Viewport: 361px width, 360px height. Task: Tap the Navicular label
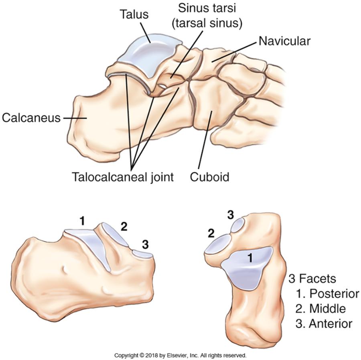(x=284, y=41)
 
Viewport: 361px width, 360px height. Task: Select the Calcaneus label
(x=31, y=118)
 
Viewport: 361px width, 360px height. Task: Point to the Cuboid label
(x=209, y=177)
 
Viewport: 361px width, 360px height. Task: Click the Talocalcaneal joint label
(x=123, y=177)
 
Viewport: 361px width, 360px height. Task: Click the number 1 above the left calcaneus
(x=82, y=220)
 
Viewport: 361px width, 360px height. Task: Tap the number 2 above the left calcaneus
(x=124, y=226)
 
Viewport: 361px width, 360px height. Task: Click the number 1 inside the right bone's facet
(x=250, y=259)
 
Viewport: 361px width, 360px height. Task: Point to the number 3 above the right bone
(x=230, y=215)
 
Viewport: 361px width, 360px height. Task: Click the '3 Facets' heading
(x=312, y=279)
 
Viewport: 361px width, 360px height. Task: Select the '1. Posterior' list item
(x=327, y=294)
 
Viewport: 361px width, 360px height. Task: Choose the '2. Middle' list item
(x=320, y=309)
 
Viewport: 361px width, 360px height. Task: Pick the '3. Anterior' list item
(x=324, y=323)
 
